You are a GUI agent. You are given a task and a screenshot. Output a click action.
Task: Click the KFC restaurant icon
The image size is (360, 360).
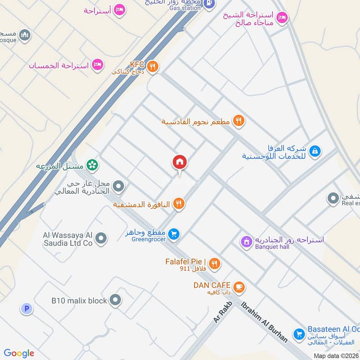(x=153, y=67)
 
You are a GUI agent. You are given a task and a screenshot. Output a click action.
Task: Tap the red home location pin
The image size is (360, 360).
(x=180, y=163)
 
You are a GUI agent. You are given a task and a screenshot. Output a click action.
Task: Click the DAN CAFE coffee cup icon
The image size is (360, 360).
(x=238, y=285)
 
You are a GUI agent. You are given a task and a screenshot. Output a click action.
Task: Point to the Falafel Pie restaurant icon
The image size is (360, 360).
(x=214, y=264)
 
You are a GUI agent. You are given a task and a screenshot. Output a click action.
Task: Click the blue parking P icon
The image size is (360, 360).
(x=27, y=309)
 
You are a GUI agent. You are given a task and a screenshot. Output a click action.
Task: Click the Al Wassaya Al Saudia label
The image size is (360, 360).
(x=67, y=238)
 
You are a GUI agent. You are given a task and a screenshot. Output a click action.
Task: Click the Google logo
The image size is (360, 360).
(x=19, y=353)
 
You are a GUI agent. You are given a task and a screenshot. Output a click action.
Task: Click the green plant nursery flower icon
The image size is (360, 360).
(x=93, y=165)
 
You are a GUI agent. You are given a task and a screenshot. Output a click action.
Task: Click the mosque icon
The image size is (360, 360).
(x=26, y=34)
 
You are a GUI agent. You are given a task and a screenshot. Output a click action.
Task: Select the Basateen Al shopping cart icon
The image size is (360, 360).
(x=298, y=334)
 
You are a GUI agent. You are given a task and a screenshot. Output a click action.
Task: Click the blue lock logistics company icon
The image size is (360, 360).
(x=316, y=150)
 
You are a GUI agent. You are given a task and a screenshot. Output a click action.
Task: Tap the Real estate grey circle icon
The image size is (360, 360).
(x=333, y=198)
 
